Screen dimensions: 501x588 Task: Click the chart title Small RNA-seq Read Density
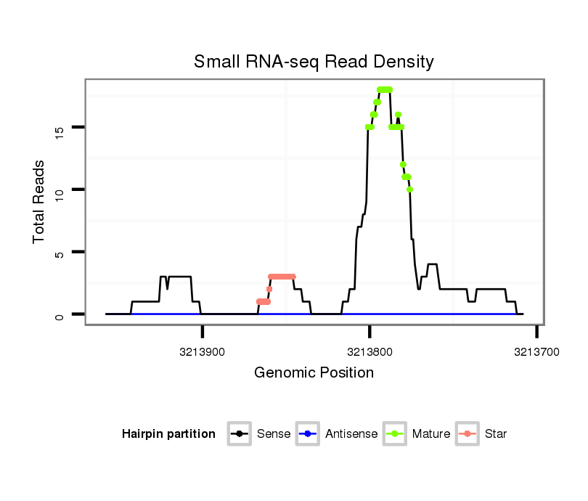pos(314,62)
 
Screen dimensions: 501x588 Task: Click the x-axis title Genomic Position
pos(314,373)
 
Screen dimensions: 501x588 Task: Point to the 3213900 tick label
pos(203,352)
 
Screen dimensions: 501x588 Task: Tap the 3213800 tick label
pos(369,352)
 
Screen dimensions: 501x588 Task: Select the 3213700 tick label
pos(536,352)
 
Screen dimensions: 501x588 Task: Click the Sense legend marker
pos(240,434)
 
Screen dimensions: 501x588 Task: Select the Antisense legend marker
pos(308,434)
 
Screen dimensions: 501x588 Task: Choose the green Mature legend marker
pos(395,434)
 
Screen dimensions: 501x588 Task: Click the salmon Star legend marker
pos(467,434)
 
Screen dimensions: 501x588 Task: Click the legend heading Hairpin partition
pos(168,434)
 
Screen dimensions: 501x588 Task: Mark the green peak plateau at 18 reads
pos(385,89)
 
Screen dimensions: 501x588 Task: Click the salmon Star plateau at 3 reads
pos(282,277)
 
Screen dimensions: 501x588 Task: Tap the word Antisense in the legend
pos(351,434)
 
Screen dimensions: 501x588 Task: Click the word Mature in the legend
pos(431,434)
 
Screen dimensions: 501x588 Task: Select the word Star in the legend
pos(496,434)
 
